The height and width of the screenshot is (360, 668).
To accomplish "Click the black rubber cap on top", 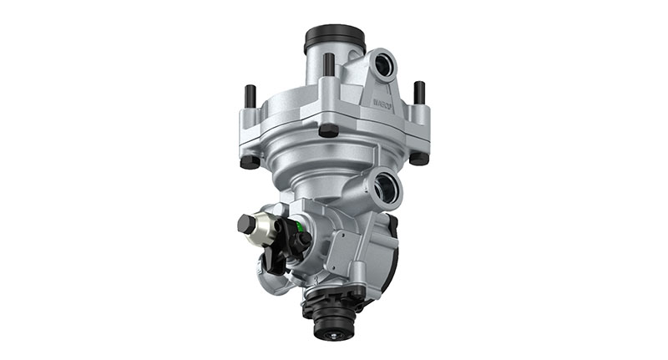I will click(x=334, y=38).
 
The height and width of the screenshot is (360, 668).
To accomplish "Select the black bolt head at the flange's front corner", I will click(x=328, y=131).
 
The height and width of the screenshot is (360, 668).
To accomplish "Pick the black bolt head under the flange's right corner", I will click(x=418, y=157).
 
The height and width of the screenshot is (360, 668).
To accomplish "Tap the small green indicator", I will click(x=297, y=223).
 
